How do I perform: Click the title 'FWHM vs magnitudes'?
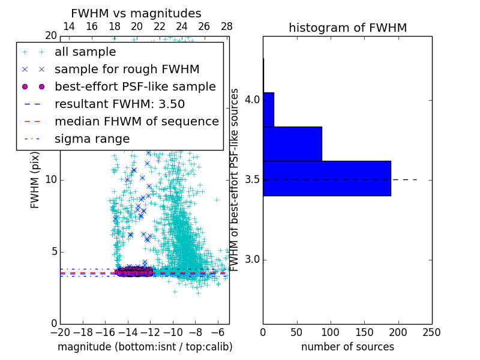point(136,13)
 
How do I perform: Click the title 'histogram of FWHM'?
point(347,28)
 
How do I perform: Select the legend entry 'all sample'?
point(85,52)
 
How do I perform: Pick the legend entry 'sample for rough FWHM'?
point(127,69)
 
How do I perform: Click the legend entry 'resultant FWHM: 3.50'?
point(119,104)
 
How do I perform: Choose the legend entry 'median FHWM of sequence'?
point(136,121)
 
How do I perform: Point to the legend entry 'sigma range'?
point(92,139)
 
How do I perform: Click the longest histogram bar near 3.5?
point(326,178)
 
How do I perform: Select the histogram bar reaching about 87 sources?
point(292,144)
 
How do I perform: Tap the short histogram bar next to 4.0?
point(268,109)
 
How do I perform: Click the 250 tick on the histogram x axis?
point(431,332)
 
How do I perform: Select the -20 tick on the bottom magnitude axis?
point(60,332)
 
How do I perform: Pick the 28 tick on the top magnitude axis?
point(227,26)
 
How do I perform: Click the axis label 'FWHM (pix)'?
point(35,180)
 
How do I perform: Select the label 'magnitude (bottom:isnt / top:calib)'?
point(145,347)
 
